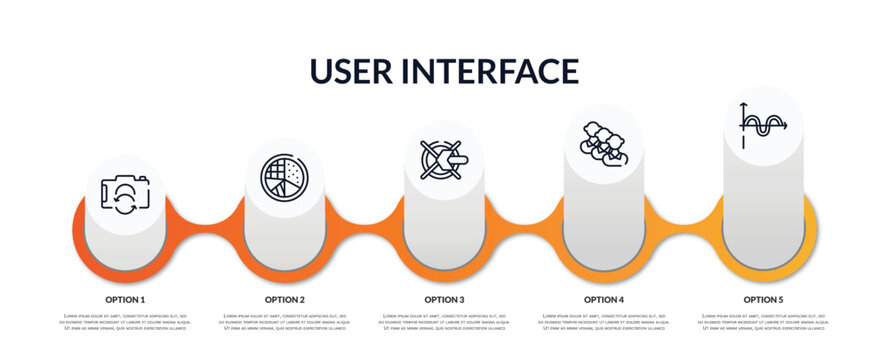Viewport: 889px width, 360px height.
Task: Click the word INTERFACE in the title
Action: (x=491, y=71)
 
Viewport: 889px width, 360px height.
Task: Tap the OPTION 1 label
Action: (x=125, y=299)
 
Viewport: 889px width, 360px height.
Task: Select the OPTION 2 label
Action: (x=285, y=299)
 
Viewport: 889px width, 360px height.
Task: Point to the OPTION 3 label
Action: (x=444, y=299)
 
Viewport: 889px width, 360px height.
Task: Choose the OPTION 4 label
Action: (x=604, y=299)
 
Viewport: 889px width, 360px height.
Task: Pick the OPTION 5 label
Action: (x=763, y=299)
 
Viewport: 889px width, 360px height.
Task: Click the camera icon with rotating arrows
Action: (x=125, y=195)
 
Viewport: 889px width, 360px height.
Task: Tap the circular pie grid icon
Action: (x=285, y=177)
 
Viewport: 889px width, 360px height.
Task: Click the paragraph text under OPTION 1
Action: (x=125, y=323)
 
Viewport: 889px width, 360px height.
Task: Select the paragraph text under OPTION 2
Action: (x=285, y=323)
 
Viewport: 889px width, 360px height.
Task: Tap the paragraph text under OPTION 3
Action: (x=444, y=323)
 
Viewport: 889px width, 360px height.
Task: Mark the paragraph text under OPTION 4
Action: (x=604, y=323)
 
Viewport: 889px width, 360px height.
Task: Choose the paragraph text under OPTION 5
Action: (x=763, y=323)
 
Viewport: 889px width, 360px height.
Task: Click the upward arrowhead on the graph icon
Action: (x=743, y=106)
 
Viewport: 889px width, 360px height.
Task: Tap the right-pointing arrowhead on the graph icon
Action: (x=785, y=126)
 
